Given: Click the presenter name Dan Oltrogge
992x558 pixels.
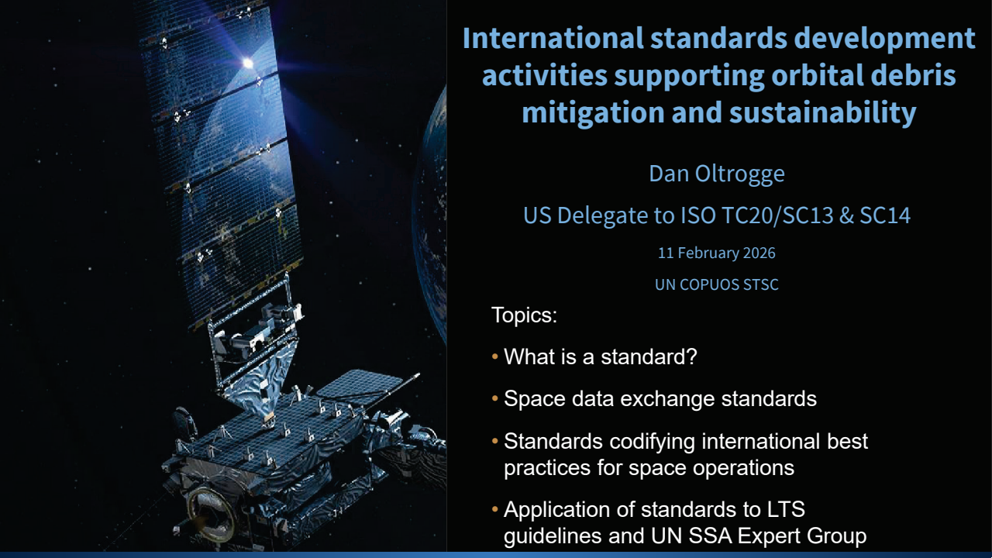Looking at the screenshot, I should point(716,174).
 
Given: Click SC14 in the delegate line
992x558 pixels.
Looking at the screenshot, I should point(884,215).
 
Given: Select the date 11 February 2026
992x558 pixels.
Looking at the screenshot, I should point(716,253).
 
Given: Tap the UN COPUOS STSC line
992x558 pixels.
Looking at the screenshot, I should point(716,284).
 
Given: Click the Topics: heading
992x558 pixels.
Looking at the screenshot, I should point(524,316).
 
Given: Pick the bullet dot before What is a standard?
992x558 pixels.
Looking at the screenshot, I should point(495,358).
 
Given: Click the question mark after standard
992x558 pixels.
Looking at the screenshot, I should point(692,357).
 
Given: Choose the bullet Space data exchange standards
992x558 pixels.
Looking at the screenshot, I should point(660,399).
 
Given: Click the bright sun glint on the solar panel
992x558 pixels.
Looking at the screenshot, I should point(247,63).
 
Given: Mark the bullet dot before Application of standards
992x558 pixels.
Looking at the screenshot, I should point(495,511).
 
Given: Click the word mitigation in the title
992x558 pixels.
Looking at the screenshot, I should point(582,113).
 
